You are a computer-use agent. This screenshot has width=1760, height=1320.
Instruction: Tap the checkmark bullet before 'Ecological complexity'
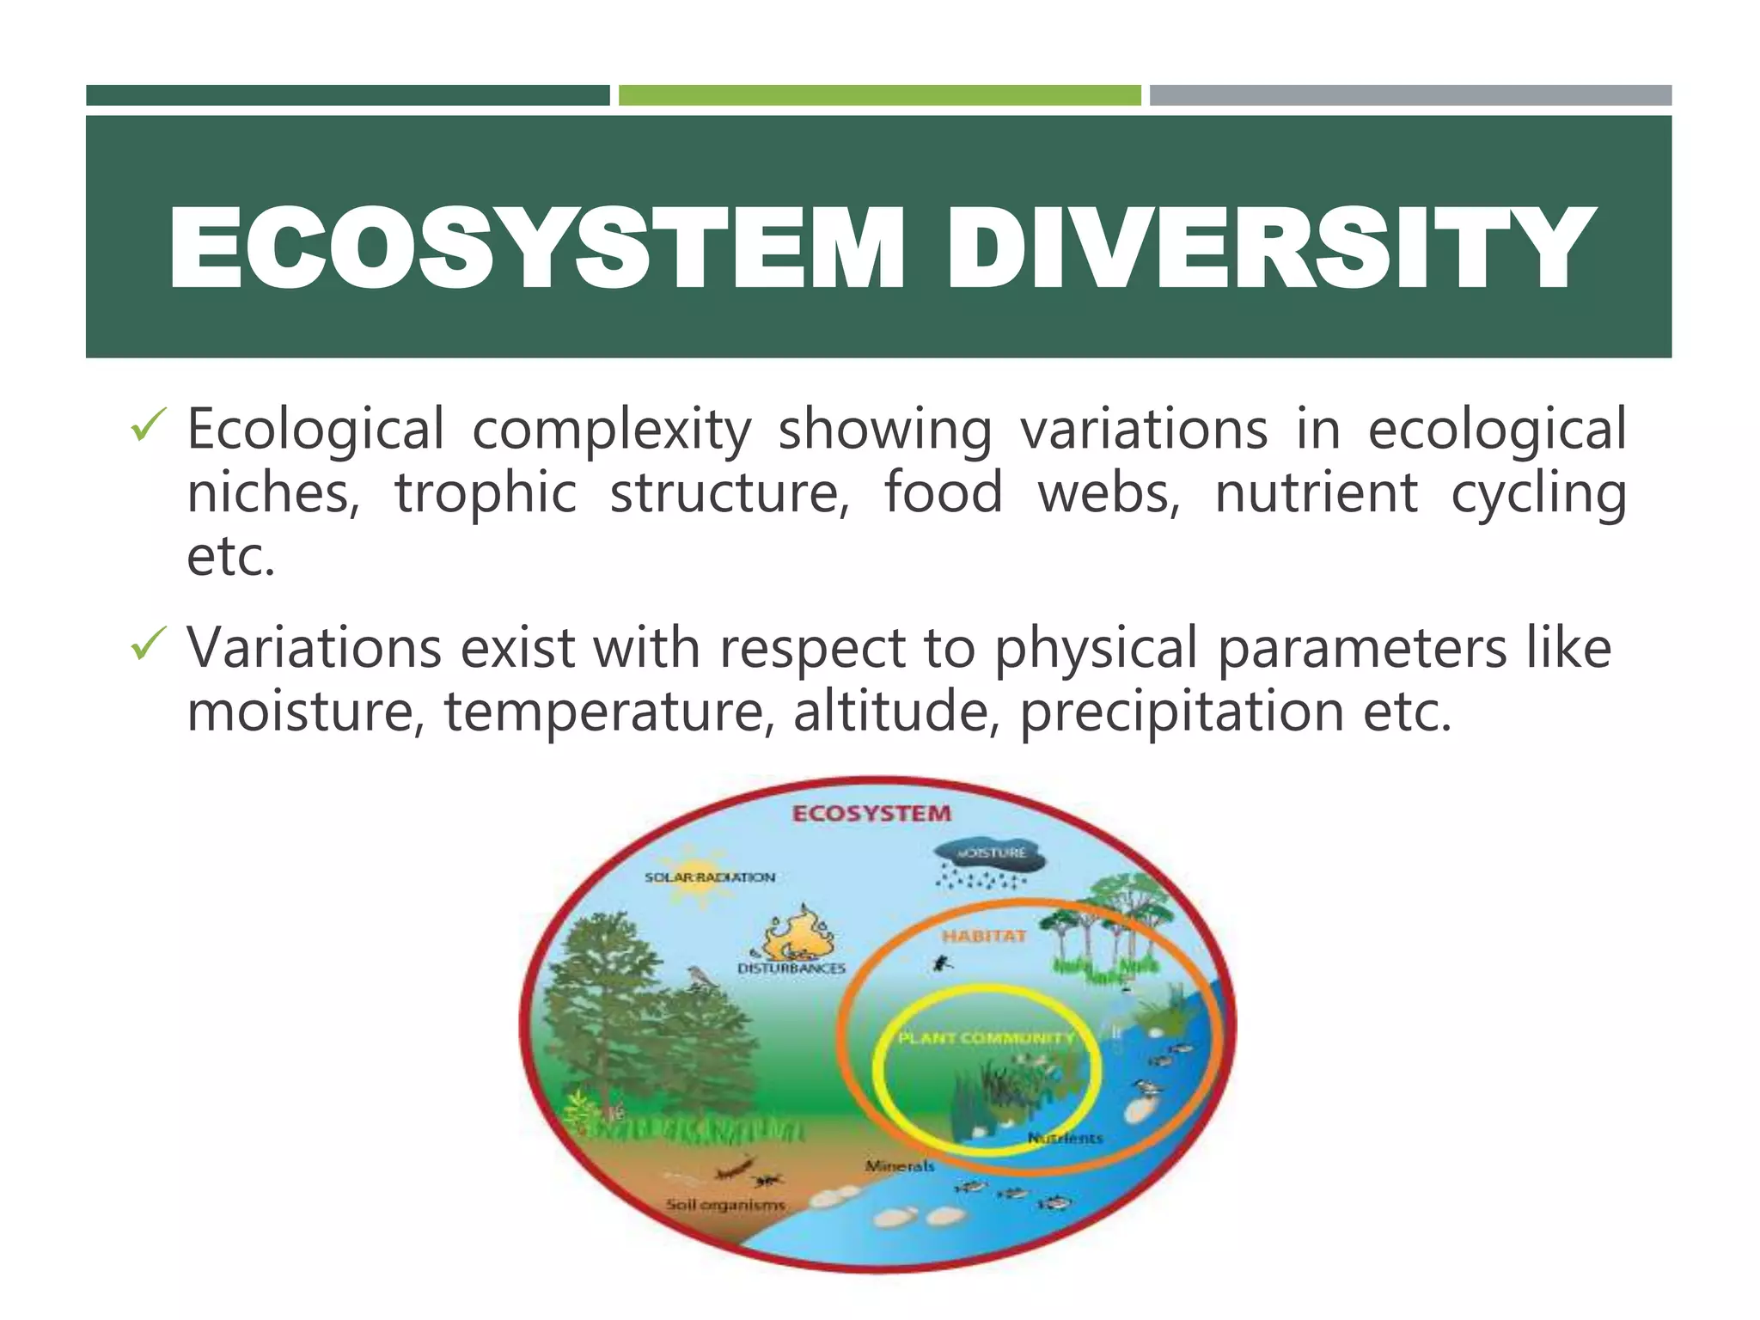pos(146,426)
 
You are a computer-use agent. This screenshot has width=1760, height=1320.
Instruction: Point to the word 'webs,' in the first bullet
pos(1109,492)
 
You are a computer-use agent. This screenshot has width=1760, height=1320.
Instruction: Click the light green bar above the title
pos(879,95)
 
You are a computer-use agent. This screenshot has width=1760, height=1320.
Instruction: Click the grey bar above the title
pos(1410,95)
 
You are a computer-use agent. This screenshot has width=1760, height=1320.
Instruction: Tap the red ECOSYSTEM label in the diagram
pos(871,814)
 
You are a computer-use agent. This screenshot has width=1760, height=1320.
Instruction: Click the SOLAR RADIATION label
pos(710,877)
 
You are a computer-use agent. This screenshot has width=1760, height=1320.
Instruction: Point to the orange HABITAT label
pos(984,936)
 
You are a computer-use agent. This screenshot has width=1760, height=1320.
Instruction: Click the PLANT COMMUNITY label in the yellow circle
pos(986,1038)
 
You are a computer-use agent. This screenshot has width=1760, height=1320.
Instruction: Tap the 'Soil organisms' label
pos(726,1205)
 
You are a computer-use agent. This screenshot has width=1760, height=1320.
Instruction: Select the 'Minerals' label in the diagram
pos(899,1166)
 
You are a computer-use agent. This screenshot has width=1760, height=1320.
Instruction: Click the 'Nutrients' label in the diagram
pos(1065,1139)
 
